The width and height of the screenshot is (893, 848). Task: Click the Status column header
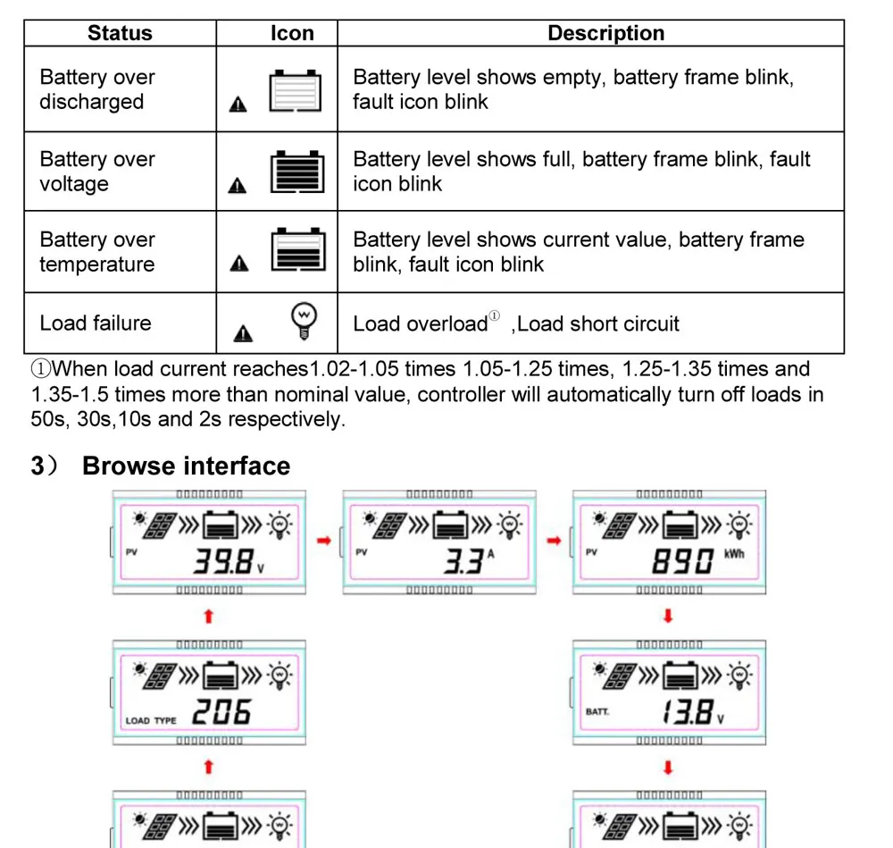pyautogui.click(x=120, y=34)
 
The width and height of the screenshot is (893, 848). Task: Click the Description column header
pyautogui.click(x=605, y=34)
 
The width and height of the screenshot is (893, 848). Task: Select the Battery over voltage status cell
pyautogui.click(x=97, y=172)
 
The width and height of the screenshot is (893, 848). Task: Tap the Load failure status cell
pyautogui.click(x=96, y=323)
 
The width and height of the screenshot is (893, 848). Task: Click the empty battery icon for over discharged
pyautogui.click(x=296, y=90)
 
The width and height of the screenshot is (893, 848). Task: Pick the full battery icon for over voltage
pyautogui.click(x=297, y=171)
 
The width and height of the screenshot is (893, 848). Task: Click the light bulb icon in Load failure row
pyautogui.click(x=305, y=319)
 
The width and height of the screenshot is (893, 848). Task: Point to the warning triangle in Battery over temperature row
pyautogui.click(x=238, y=264)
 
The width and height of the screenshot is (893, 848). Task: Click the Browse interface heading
pyautogui.click(x=186, y=466)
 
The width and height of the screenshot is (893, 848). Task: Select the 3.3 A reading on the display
pyautogui.click(x=465, y=561)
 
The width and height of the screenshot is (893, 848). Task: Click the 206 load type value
pyautogui.click(x=222, y=712)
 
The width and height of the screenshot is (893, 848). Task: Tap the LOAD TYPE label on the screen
pyautogui.click(x=151, y=720)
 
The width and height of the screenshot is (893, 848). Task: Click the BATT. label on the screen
pyautogui.click(x=597, y=712)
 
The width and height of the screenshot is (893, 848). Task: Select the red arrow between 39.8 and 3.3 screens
pyautogui.click(x=323, y=541)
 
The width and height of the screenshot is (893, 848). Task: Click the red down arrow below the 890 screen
pyautogui.click(x=668, y=616)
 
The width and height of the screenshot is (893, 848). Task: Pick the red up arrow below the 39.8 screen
pyautogui.click(x=208, y=616)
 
